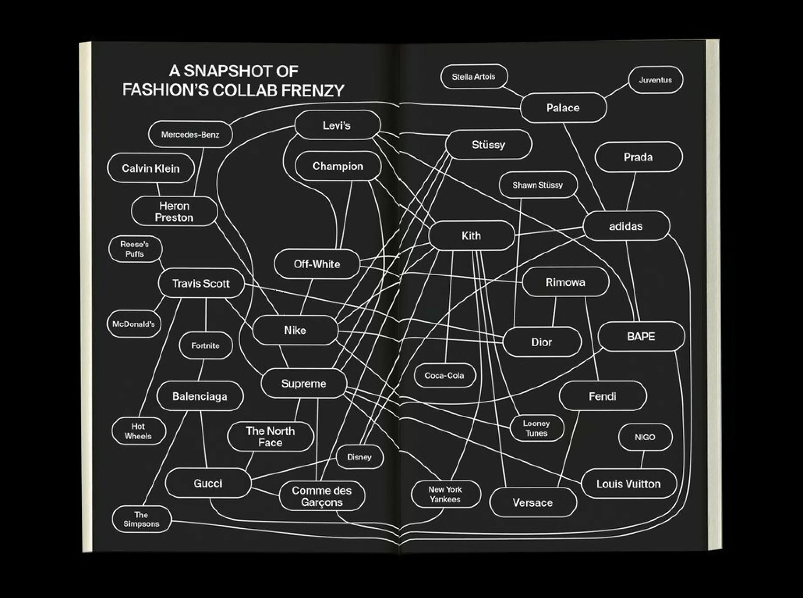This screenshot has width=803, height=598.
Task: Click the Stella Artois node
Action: tap(474, 76)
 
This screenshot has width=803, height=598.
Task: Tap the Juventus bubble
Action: tap(655, 80)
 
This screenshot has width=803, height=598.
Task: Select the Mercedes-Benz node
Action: tap(190, 134)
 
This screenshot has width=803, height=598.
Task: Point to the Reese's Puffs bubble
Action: tap(135, 249)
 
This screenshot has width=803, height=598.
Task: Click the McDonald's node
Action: tap(134, 324)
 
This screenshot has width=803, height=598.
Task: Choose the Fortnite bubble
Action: tap(205, 345)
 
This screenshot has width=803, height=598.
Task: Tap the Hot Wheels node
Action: tap(138, 431)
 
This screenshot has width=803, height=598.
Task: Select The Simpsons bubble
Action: tap(141, 519)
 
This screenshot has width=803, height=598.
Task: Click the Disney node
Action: tap(360, 457)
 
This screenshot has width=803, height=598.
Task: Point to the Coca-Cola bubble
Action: tap(444, 375)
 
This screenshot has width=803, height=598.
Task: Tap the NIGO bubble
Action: tap(645, 437)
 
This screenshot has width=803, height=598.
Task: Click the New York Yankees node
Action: tap(446, 494)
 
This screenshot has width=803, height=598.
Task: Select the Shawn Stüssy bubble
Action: tap(538, 185)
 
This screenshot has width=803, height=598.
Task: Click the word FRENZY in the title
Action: tap(313, 90)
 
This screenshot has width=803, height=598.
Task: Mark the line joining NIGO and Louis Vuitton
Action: tap(642, 460)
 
